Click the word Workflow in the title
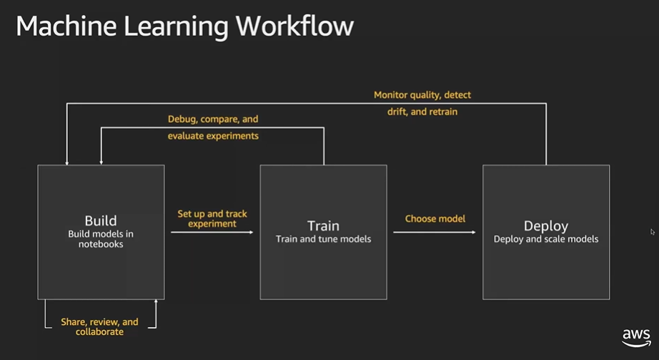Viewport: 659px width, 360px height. point(294,26)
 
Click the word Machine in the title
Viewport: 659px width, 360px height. point(66,26)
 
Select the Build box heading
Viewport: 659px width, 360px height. point(101,221)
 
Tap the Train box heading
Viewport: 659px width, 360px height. point(323,226)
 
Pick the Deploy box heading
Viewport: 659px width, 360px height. point(546,226)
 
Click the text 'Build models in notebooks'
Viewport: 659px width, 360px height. point(101,239)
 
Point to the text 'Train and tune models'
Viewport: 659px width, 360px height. point(323,239)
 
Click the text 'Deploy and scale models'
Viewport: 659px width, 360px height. point(546,239)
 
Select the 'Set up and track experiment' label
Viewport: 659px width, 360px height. point(212,219)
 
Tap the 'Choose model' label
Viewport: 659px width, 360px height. point(435,219)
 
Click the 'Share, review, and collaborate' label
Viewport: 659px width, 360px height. point(99,327)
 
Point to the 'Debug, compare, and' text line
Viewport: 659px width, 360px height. point(213,119)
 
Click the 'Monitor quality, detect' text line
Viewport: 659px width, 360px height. point(422,95)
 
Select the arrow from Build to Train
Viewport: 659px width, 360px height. point(212,232)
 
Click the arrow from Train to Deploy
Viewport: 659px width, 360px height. point(435,232)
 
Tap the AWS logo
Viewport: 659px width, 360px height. point(636,338)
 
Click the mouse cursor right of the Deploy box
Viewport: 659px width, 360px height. point(653,232)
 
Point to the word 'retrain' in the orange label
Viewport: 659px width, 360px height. point(443,112)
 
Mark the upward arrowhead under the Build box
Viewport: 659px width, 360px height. point(156,301)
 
